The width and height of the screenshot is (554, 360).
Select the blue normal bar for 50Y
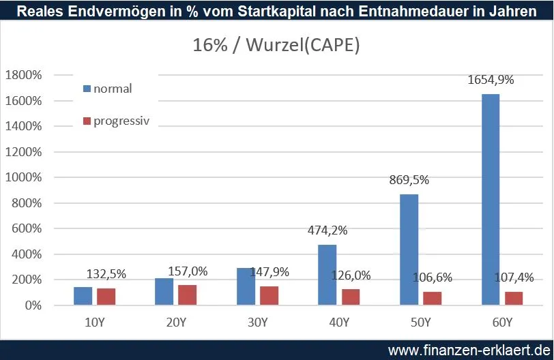pyautogui.click(x=409, y=250)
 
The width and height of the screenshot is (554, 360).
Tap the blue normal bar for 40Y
pyautogui.click(x=327, y=275)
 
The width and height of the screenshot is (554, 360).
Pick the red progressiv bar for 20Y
pyautogui.click(x=186, y=295)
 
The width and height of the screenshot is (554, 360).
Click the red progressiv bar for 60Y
pyautogui.click(x=514, y=298)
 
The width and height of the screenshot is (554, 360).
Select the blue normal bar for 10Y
pyautogui.click(x=82, y=296)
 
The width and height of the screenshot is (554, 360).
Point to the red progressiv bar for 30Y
pyautogui.click(x=268, y=295)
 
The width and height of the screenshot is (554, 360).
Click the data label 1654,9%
pyautogui.click(x=491, y=80)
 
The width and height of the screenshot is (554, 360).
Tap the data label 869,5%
pyautogui.click(x=409, y=180)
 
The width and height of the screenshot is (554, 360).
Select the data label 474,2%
pyautogui.click(x=327, y=230)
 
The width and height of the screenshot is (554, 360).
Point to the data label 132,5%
pyautogui.click(x=106, y=273)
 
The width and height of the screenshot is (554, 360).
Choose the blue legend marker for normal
pyautogui.click(x=87, y=89)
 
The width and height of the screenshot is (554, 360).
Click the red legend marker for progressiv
pyautogui.click(x=87, y=121)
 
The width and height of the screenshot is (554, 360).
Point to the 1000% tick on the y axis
pyautogui.click(x=25, y=177)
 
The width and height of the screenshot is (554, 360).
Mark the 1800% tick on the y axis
pyautogui.click(x=25, y=75)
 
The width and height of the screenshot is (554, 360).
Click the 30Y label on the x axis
pyautogui.click(x=258, y=321)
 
